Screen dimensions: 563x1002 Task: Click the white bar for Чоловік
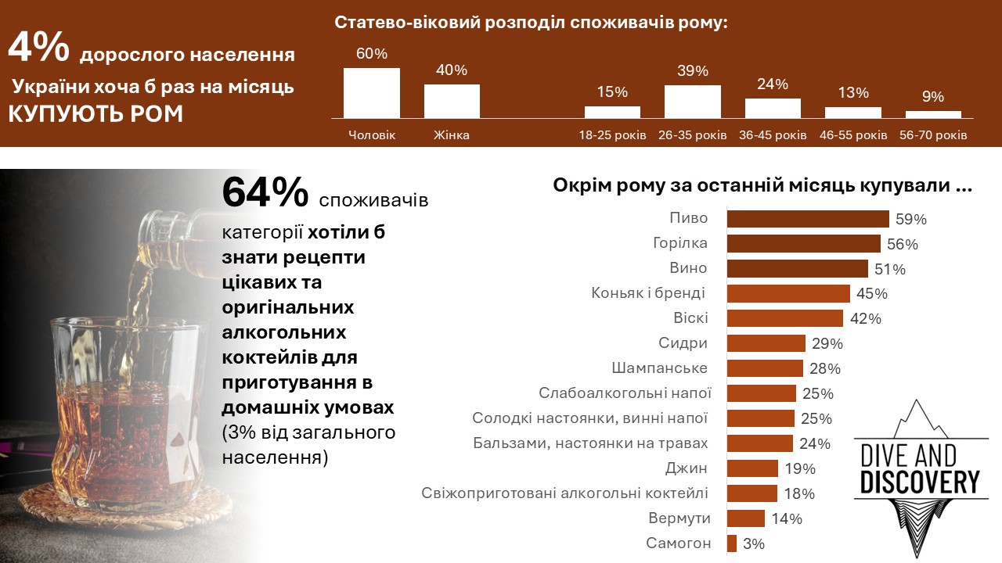point(372,93)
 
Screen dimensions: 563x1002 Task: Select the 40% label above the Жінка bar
point(452,70)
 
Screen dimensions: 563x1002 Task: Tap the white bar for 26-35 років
point(692,102)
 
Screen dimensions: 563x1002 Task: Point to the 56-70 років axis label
point(933,135)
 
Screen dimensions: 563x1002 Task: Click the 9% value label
point(933,98)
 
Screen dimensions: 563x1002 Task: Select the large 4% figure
point(39,48)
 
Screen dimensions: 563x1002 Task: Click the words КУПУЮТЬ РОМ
point(96,114)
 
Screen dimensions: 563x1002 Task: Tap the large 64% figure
point(265,193)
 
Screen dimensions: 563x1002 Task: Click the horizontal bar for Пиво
point(807,218)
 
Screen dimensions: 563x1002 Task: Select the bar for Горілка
point(803,243)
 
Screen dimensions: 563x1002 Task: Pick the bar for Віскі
point(784,318)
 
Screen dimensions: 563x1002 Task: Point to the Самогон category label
point(678,543)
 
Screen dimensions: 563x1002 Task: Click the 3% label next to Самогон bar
point(754,544)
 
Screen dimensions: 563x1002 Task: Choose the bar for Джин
point(751,468)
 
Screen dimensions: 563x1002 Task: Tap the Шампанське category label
point(659,368)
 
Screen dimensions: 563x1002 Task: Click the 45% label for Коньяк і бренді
point(871,294)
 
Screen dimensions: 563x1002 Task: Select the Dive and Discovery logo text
point(919,469)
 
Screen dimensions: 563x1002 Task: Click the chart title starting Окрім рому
point(762,186)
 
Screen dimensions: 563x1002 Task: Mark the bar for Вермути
point(745,518)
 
